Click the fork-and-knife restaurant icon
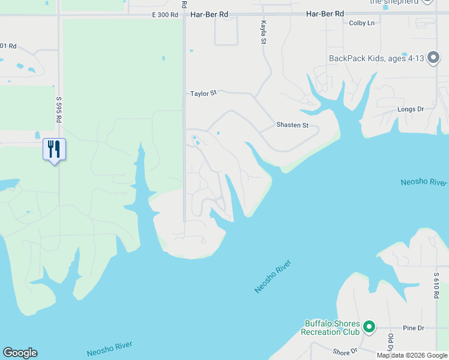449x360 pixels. [54, 149]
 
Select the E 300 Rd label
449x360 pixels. [166, 14]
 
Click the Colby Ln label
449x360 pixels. [361, 23]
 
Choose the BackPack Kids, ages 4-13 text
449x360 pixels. [376, 58]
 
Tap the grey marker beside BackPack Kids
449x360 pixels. [436, 59]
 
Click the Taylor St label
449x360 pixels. [203, 94]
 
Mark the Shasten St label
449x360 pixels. [292, 125]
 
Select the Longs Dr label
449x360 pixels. [411, 109]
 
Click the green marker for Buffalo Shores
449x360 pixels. [369, 327]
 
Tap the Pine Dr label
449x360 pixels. [414, 328]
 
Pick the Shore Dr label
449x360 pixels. [345, 352]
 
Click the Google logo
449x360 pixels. [20, 353]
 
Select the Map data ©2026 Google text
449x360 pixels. [412, 355]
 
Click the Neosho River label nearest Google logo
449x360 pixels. [109, 349]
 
